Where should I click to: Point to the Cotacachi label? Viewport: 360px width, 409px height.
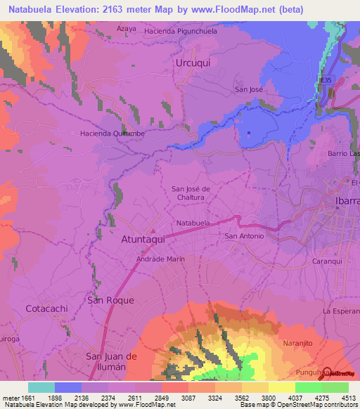pyautogui.click(x=46, y=309)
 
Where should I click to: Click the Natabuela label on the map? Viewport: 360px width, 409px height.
pyautogui.click(x=193, y=223)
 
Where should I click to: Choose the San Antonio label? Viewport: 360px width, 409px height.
pyautogui.click(x=244, y=236)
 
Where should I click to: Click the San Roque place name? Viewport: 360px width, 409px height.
pyautogui.click(x=110, y=300)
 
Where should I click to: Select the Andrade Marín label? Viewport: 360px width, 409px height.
pyautogui.click(x=160, y=259)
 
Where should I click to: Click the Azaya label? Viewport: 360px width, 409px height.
pyautogui.click(x=126, y=29)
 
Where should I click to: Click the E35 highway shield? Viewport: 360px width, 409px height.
pyautogui.click(x=325, y=81)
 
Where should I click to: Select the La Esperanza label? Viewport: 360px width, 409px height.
pyautogui.click(x=341, y=310)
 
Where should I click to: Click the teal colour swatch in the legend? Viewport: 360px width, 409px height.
pyautogui.click(x=41, y=387)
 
